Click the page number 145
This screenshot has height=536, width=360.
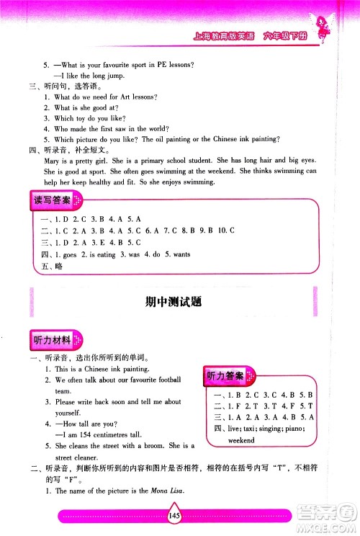pos(176,515)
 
